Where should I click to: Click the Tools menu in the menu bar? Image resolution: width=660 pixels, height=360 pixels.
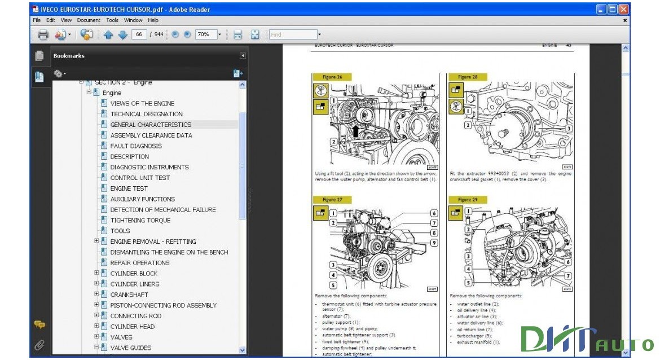pos(112,20)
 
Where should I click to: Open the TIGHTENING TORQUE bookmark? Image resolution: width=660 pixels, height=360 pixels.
pos(140,220)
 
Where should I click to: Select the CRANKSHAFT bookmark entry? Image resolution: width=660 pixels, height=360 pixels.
pos(129,295)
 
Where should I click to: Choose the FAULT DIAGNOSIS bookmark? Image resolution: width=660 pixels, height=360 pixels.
pos(136,146)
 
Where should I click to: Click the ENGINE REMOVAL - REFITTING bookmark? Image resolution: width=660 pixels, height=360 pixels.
pos(153,242)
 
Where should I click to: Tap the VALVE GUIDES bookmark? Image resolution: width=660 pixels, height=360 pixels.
pos(130,348)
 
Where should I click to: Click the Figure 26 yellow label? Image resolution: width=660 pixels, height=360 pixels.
pos(332,77)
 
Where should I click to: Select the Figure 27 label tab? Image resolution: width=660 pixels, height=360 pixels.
pos(332,199)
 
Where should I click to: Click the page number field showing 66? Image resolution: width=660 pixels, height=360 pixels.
pos(139,34)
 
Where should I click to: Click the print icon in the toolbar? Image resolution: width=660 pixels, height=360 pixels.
pos(43,35)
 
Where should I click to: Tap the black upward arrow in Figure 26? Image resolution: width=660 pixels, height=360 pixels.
pos(355,131)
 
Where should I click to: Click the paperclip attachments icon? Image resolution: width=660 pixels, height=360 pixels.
pos(39,344)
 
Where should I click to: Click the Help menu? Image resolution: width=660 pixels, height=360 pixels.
pos(153,20)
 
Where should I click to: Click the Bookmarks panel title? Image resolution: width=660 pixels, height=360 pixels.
pos(69,56)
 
